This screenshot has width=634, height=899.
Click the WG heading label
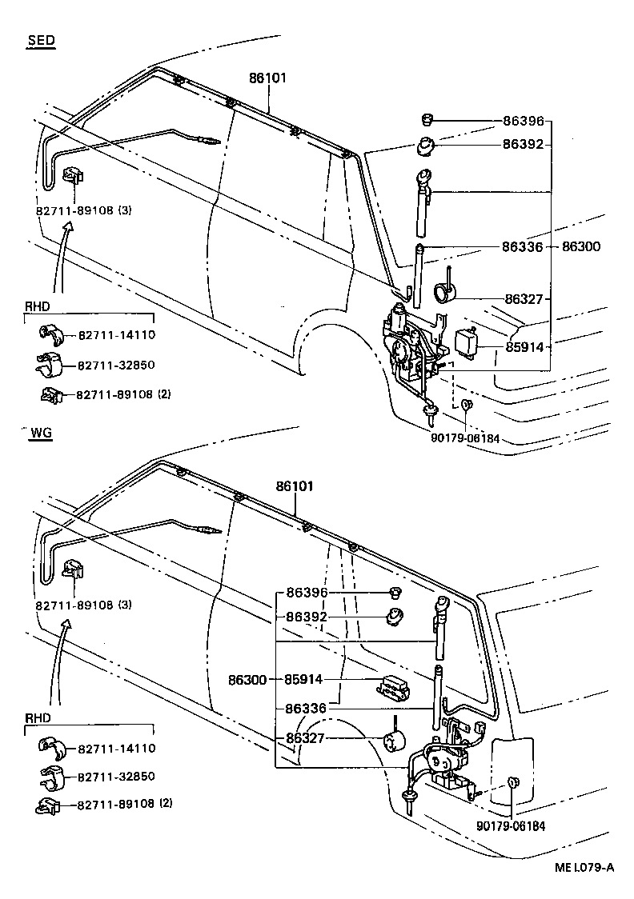point(41,433)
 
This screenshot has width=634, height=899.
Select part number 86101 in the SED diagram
point(267,78)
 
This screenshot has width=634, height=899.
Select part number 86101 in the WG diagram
point(295,485)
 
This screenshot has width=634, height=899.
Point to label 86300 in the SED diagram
point(580,248)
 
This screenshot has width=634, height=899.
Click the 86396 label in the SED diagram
point(523,122)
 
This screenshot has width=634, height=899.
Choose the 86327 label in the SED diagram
point(524,299)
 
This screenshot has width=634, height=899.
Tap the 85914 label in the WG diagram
point(304,679)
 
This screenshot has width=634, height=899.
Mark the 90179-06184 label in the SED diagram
point(464,438)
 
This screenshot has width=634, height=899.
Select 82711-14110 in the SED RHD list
point(116,335)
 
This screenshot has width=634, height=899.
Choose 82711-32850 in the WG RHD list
point(116,777)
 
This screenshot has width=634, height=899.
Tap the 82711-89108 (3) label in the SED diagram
point(83,210)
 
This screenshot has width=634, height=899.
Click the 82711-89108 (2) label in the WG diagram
point(125,804)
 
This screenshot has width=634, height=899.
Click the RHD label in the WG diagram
point(37,718)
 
